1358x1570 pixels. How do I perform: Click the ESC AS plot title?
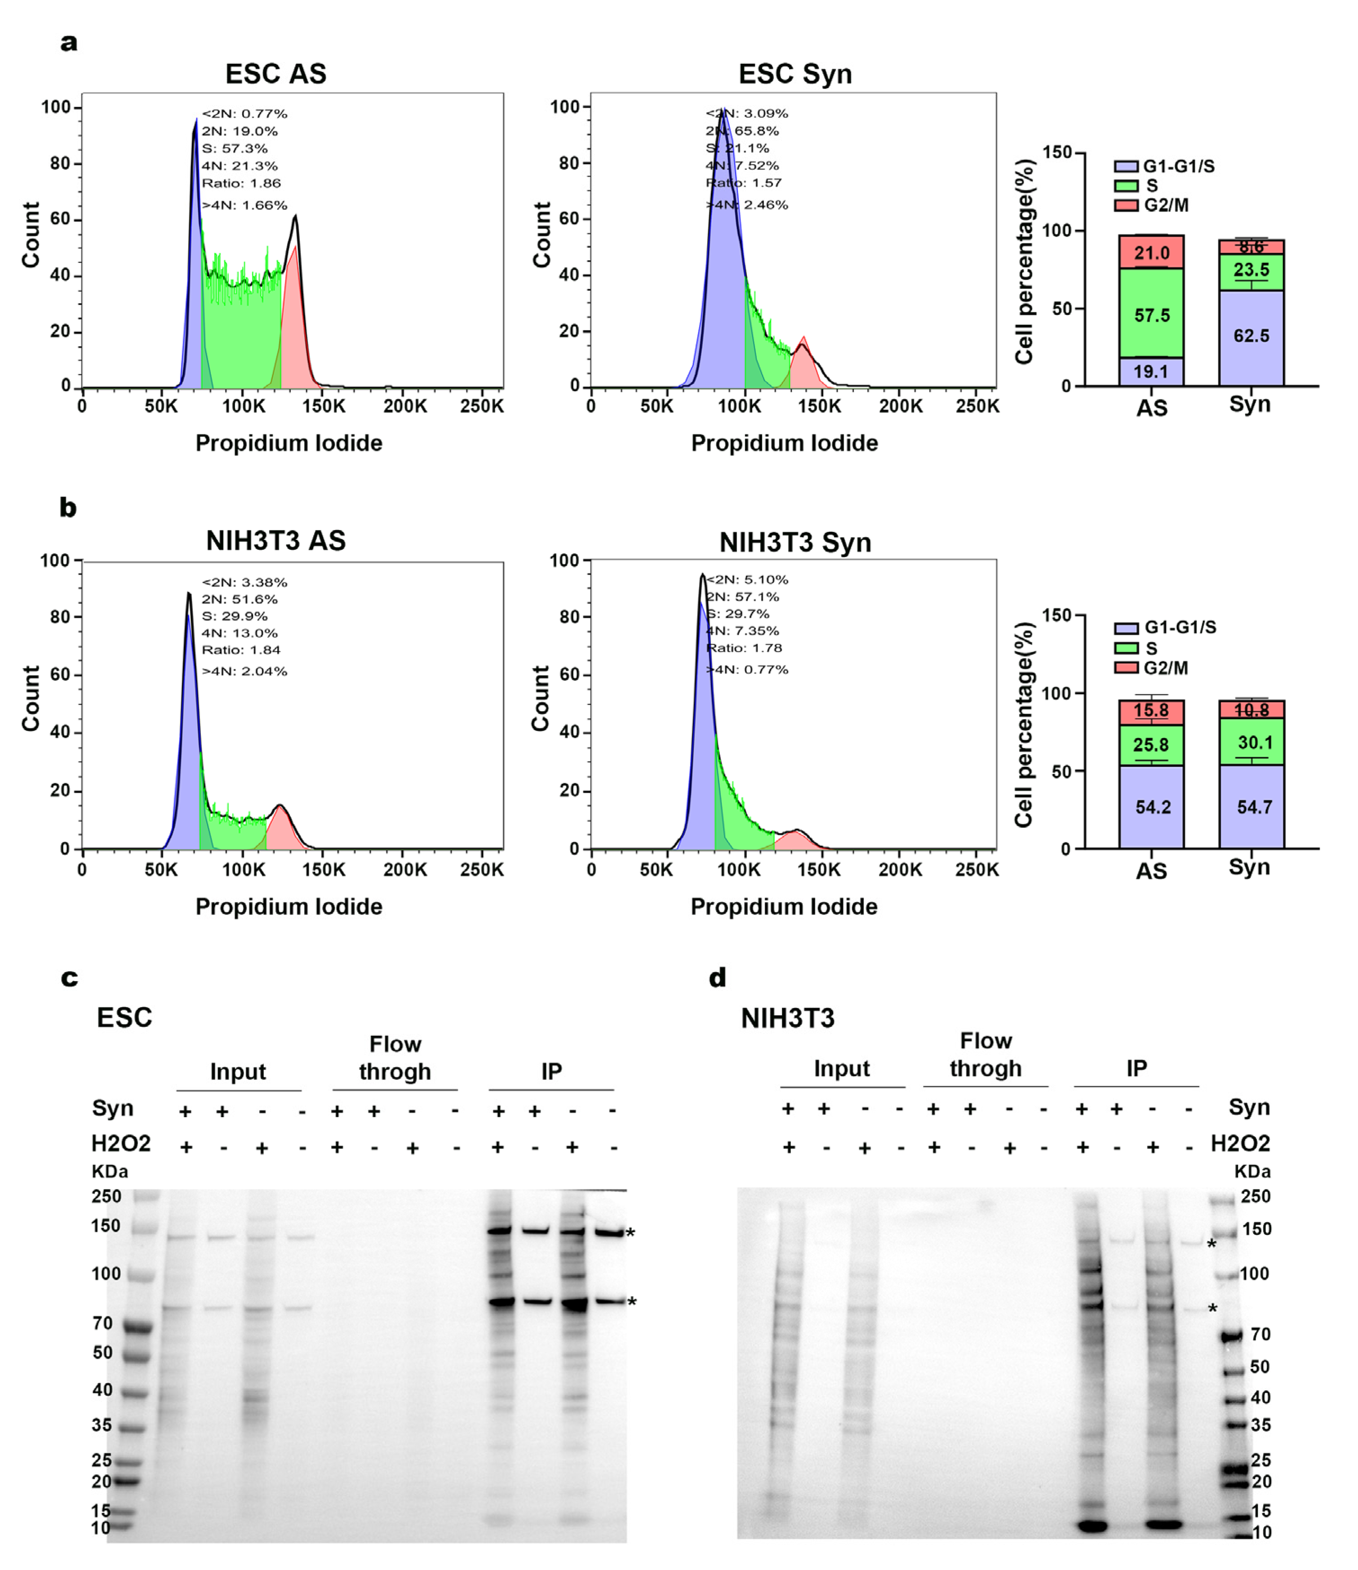(x=276, y=74)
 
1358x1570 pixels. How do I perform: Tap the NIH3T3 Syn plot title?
(x=795, y=543)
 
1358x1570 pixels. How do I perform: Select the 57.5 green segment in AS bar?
(x=1151, y=315)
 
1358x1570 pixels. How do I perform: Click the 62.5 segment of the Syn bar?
(x=1251, y=336)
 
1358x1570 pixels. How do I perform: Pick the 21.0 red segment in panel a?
(x=1151, y=252)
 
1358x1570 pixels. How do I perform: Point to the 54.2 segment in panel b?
(x=1152, y=807)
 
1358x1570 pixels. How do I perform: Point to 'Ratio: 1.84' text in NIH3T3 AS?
(x=240, y=650)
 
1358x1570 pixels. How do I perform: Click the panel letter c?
(x=69, y=978)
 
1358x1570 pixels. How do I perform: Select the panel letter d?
(x=717, y=978)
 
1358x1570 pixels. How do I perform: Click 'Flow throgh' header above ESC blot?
(x=395, y=1058)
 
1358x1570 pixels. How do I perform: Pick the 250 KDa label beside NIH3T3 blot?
(x=1255, y=1196)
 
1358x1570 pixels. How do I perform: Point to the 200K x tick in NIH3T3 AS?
(x=405, y=869)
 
